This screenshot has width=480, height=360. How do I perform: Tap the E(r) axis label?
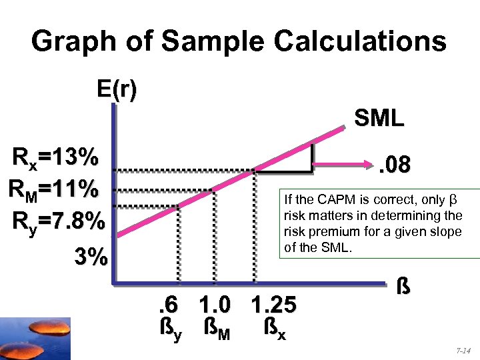[117, 90]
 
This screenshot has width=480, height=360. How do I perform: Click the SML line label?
[379, 119]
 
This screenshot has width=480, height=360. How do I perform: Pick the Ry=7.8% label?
[57, 220]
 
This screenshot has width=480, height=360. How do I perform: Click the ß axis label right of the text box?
[402, 287]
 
